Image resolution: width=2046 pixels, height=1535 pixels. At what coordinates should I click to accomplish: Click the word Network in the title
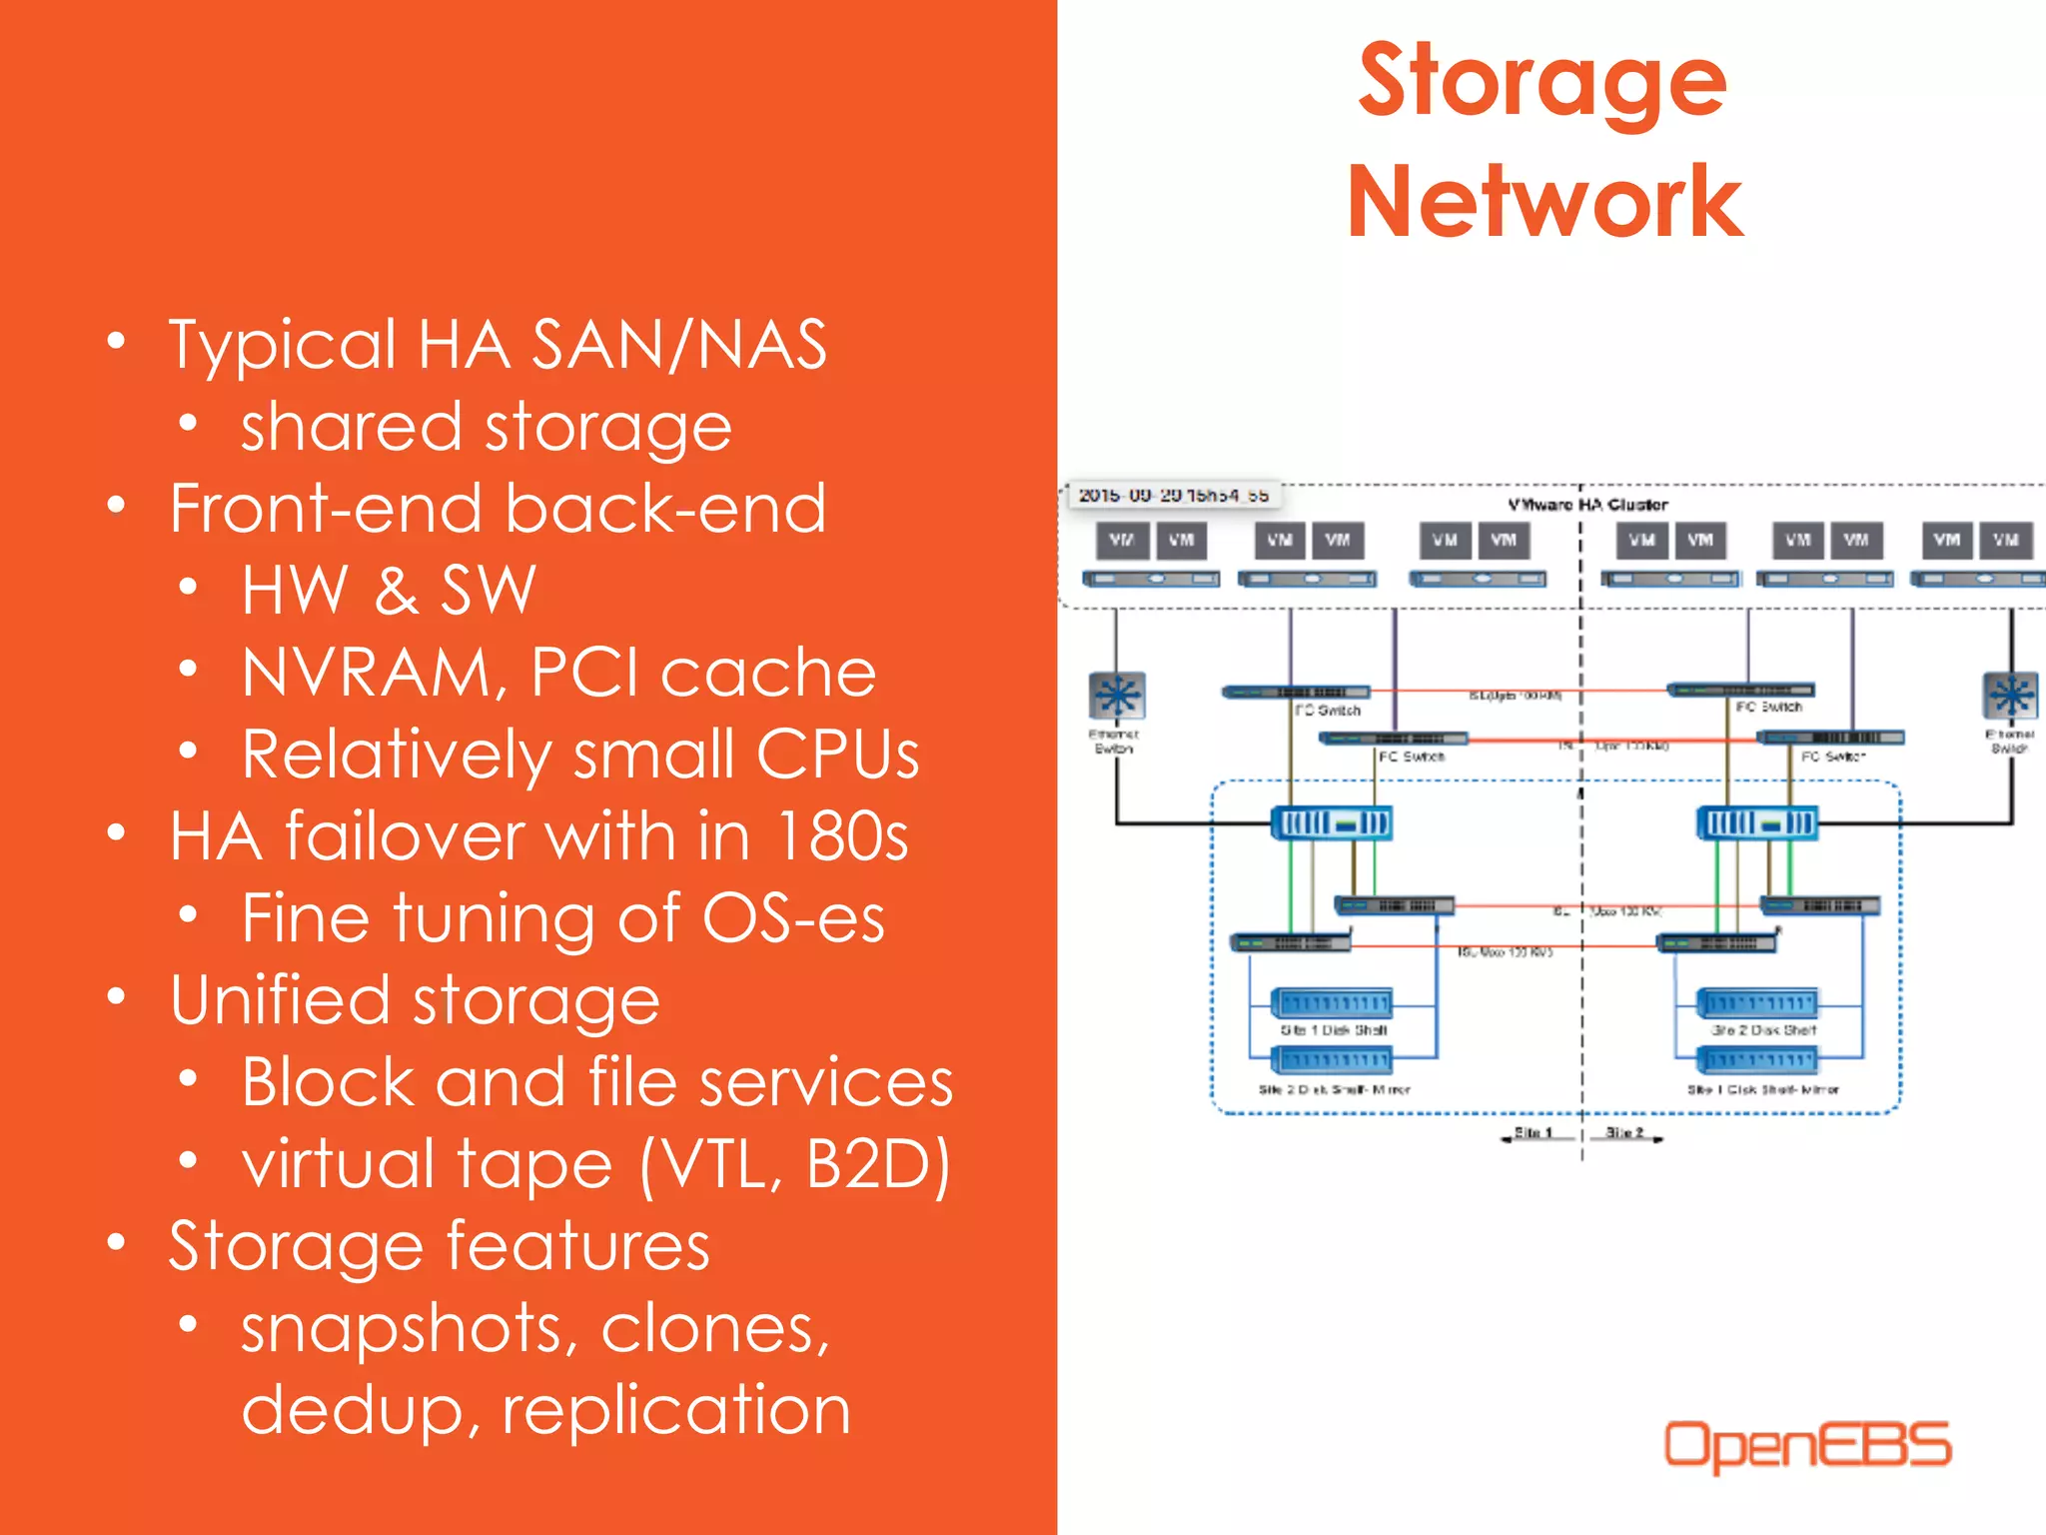(1544, 203)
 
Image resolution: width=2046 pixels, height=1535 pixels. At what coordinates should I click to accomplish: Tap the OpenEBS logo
(1806, 1445)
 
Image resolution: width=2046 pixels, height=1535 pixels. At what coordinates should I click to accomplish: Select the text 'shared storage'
(487, 427)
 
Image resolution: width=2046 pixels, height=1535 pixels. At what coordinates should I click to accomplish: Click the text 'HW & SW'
(389, 590)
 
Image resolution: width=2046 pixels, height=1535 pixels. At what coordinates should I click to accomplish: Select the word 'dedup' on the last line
(351, 1410)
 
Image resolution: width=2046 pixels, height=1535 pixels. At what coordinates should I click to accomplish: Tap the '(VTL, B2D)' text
(795, 1164)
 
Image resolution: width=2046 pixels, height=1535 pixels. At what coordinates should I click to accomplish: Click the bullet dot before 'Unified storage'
(117, 996)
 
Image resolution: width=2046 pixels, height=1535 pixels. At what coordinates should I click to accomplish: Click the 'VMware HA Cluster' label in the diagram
(1587, 505)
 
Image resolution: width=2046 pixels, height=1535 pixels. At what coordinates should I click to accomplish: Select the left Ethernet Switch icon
(1117, 695)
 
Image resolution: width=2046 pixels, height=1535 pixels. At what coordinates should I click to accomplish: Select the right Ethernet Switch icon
(2010, 695)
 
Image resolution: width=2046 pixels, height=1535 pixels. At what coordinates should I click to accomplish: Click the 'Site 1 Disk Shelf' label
(1334, 1029)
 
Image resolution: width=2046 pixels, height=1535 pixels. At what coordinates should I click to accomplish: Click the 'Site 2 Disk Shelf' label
(1763, 1029)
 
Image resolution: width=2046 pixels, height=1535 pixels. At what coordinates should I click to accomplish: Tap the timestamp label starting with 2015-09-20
(1173, 495)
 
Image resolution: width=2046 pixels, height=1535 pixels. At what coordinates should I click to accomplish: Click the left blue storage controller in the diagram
(1331, 823)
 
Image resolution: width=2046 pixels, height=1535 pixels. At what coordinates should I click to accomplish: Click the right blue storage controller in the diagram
(1757, 823)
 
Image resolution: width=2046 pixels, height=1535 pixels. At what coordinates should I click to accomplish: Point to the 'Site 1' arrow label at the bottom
(1533, 1132)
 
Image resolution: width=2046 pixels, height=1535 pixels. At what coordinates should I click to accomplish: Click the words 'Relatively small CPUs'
(579, 754)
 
